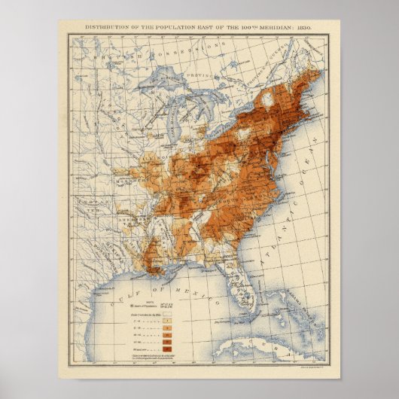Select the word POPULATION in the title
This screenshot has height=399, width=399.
tap(163, 26)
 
